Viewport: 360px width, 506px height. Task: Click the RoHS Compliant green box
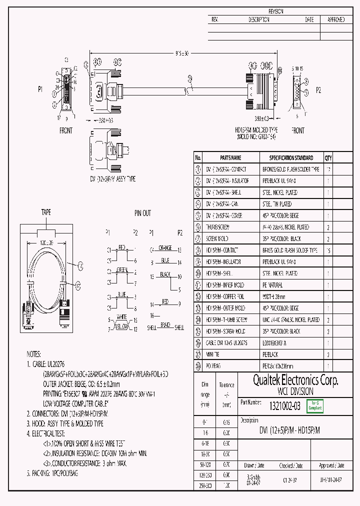315,406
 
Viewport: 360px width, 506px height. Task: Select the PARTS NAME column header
230,157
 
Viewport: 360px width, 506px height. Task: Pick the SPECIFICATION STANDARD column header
291,157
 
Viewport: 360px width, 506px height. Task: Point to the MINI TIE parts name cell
213,354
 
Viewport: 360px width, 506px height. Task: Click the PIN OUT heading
142,213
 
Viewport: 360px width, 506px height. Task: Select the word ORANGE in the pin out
165,247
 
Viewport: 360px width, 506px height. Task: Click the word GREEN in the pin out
122,270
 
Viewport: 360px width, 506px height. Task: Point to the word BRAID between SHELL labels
165,325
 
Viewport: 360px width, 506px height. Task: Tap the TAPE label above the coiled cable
46,212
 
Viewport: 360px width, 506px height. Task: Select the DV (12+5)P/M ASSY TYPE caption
113,178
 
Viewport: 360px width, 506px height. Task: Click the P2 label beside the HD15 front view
318,90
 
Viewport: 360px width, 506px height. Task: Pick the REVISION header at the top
276,11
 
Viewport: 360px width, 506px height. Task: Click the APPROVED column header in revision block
336,19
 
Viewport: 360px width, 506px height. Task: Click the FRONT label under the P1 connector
66,130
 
